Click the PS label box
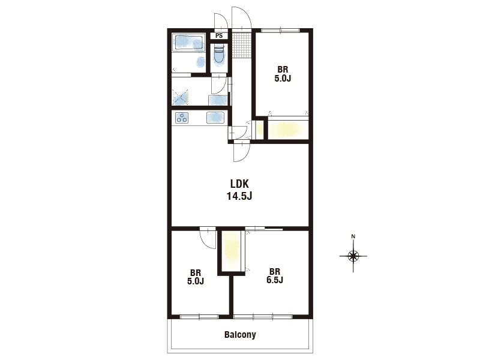(219, 35)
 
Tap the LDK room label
(239, 184)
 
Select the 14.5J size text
(239, 196)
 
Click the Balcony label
(240, 335)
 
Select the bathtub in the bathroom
(188, 43)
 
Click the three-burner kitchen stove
(182, 118)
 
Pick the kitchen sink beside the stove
(215, 118)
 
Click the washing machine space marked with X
(180, 97)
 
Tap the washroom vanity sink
(218, 100)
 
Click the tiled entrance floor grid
(242, 44)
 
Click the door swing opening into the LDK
(242, 152)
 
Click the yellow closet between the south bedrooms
(231, 251)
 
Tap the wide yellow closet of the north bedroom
(288, 130)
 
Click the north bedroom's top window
(281, 30)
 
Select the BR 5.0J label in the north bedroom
(283, 74)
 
